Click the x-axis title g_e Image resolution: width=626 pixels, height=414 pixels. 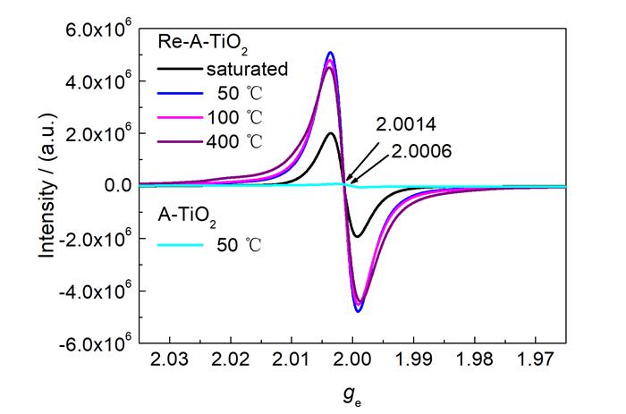click(352, 393)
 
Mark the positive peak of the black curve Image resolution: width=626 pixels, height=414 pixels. click(331, 133)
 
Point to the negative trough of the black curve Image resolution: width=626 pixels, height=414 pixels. click(358, 236)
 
